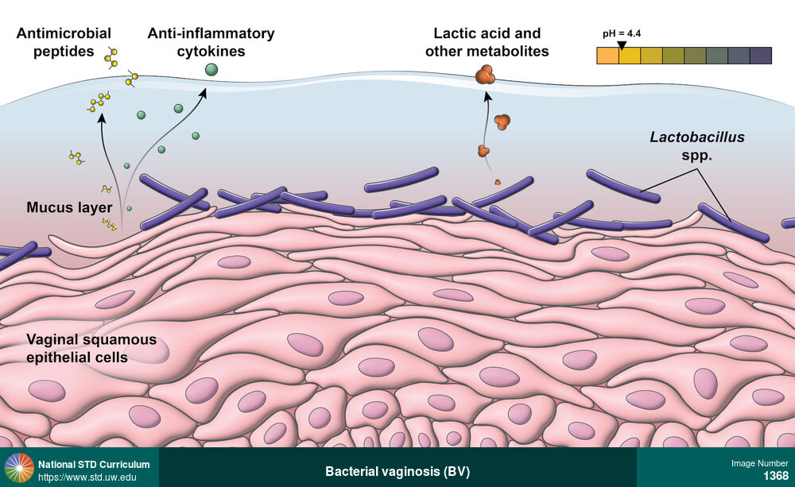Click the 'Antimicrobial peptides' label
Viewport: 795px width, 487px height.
click(64, 43)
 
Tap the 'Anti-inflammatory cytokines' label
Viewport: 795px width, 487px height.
click(211, 43)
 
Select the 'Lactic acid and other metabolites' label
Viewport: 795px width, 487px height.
click(487, 43)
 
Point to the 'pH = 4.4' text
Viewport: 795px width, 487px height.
click(622, 35)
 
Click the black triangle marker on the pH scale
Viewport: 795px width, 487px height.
click(622, 46)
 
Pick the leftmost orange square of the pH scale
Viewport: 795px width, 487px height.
click(607, 56)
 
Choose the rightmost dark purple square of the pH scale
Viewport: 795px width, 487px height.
click(761, 56)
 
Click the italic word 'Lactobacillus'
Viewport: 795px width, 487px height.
click(697, 137)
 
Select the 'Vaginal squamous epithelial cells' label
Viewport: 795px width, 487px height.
click(91, 349)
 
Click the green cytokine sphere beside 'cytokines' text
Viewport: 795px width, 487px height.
click(211, 70)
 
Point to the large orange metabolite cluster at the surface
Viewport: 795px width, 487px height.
click(485, 76)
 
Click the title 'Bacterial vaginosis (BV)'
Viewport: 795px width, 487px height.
click(397, 471)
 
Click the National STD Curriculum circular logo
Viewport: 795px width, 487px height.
click(19, 468)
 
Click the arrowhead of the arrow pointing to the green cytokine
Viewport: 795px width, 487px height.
click(204, 93)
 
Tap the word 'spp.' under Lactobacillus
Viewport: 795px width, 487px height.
click(697, 156)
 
